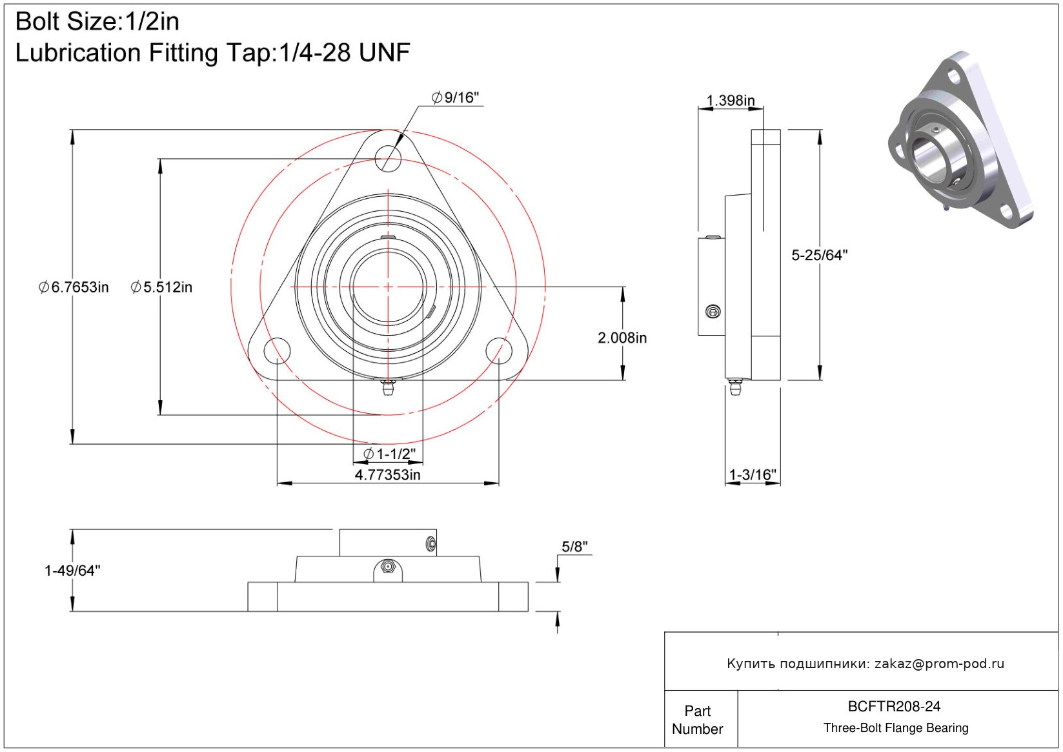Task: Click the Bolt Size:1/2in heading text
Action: tap(97, 22)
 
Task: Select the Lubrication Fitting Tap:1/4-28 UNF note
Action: tap(212, 53)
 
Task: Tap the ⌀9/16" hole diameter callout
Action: tap(456, 97)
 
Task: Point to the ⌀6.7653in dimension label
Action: tap(74, 287)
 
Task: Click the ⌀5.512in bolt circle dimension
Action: tap(161, 287)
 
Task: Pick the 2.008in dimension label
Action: tap(622, 338)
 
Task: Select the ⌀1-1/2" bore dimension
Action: tap(389, 454)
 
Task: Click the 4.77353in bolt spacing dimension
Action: tap(387, 475)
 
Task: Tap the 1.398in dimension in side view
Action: tap(730, 101)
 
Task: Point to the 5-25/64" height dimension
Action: tap(819, 256)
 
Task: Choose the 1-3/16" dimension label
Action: tap(752, 475)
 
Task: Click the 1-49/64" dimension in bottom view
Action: tap(72, 571)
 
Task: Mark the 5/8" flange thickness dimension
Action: tap(574, 547)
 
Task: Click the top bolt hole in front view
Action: tap(388, 157)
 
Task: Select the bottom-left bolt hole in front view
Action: tap(277, 351)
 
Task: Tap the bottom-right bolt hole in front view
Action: tap(499, 351)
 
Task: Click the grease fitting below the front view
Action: tap(387, 387)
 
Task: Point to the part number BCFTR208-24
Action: tap(894, 707)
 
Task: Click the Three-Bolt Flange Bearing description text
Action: tap(896, 728)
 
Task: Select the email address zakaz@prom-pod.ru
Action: tap(939, 664)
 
